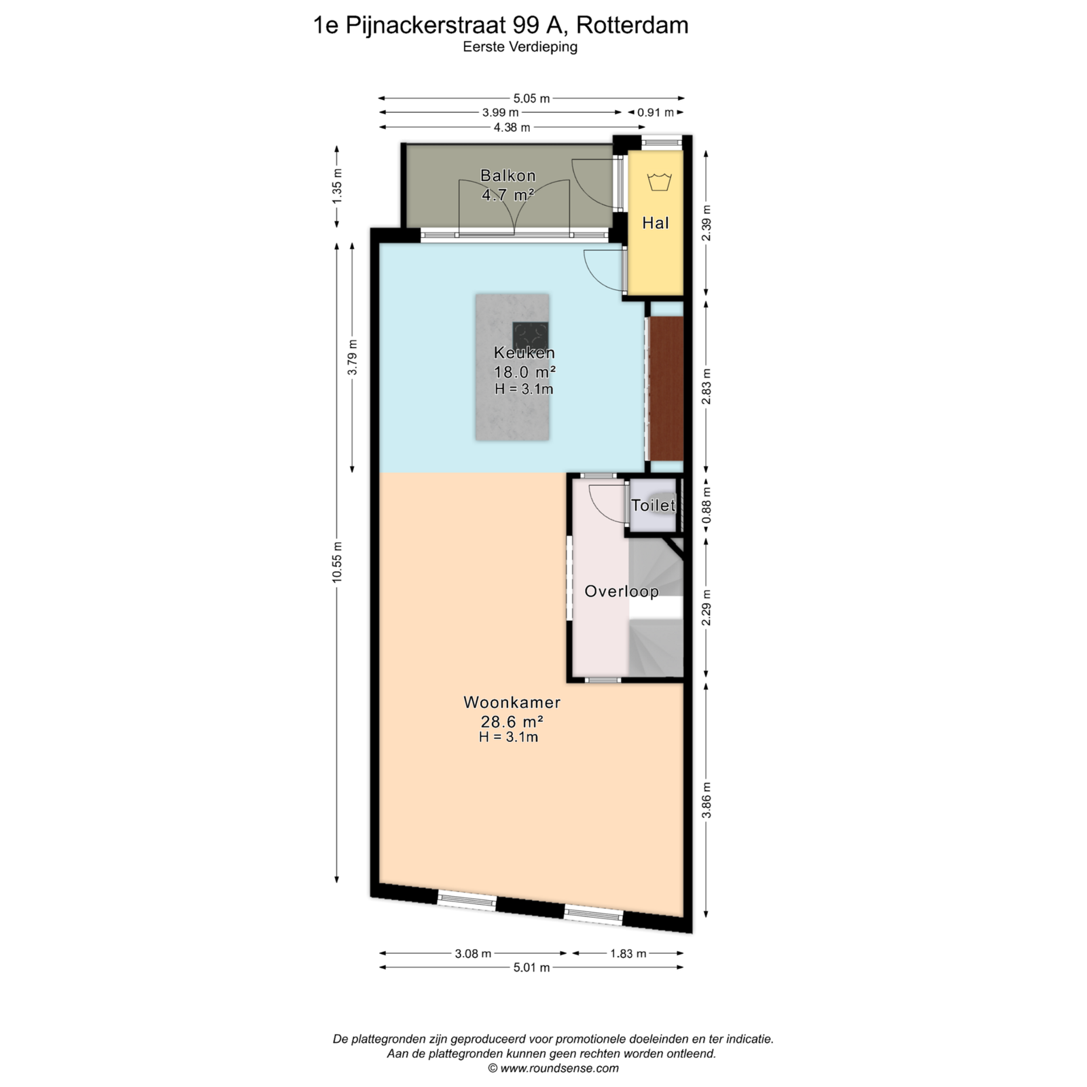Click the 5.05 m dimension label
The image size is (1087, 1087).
(x=531, y=99)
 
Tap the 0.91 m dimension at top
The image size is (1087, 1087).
(x=655, y=113)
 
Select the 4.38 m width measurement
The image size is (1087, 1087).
(x=512, y=127)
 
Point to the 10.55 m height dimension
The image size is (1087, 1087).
(x=337, y=562)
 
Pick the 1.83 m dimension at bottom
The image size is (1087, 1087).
(x=628, y=953)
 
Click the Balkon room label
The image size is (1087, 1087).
(x=507, y=175)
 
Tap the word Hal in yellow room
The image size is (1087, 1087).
(x=656, y=223)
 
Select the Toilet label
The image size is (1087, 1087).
(x=653, y=505)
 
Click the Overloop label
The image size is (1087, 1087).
(x=622, y=591)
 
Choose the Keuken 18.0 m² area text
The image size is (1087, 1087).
(x=524, y=372)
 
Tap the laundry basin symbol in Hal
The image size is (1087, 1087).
(x=659, y=181)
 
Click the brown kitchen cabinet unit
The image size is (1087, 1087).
(x=666, y=389)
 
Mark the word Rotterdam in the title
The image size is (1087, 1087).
(x=632, y=25)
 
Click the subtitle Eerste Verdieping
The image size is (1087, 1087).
(x=520, y=47)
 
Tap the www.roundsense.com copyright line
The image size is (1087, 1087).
(x=553, y=1068)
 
